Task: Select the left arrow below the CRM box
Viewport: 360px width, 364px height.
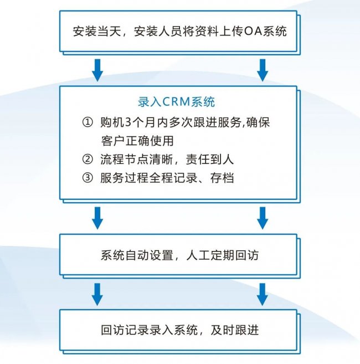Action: coord(97,218)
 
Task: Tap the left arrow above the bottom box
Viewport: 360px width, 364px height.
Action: coord(97,294)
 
